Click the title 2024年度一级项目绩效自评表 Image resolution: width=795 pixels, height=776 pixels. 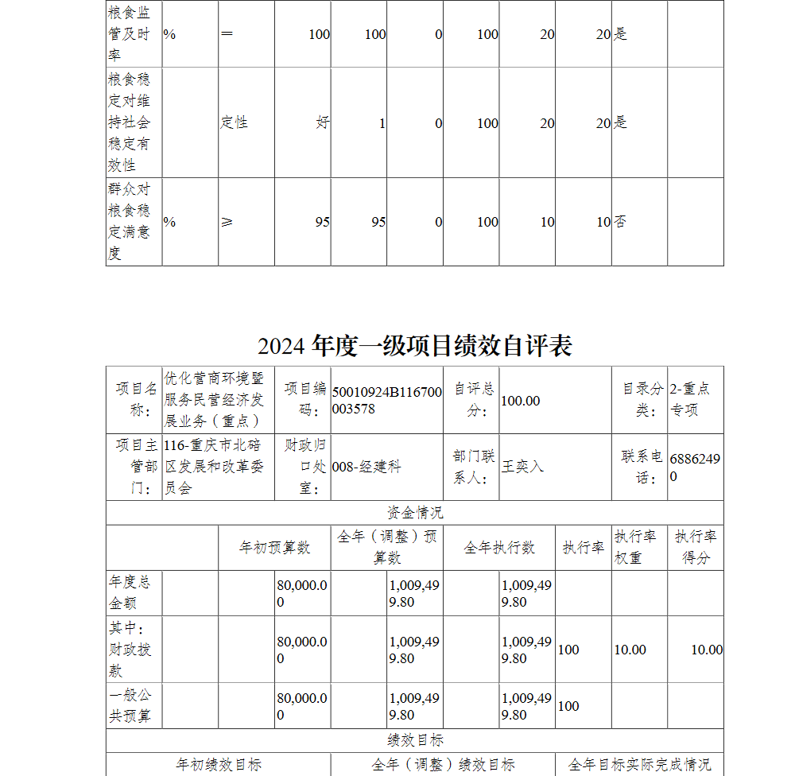pos(414,346)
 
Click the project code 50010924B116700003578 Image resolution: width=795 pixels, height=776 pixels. pos(386,401)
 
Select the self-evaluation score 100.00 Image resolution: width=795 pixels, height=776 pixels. pos(521,401)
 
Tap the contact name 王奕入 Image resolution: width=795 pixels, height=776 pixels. pos(522,467)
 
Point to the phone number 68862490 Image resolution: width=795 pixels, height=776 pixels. pos(695,468)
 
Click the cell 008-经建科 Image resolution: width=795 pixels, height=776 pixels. pos(366,467)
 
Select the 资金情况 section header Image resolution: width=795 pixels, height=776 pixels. pos(415,513)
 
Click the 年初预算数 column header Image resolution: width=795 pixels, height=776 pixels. pos(274,547)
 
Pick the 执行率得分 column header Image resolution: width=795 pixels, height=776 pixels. pos(696,547)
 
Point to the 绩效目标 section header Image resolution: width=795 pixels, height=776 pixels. pos(415,740)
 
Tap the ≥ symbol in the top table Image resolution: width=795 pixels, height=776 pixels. pos(227,222)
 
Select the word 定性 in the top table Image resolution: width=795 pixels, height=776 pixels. pos(235,122)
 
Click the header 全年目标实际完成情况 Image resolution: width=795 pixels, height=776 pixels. pos(639,764)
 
